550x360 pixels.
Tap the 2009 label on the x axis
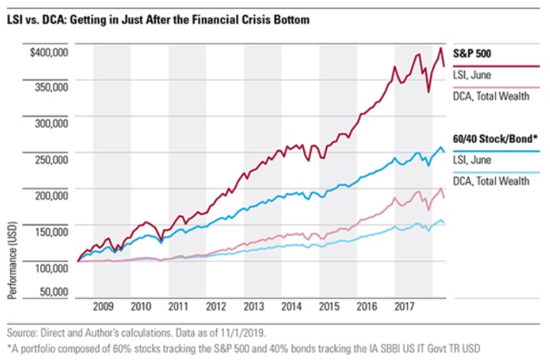103,306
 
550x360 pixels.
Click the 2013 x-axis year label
254,306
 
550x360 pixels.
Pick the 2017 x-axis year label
406,306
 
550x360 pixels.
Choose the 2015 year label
329,306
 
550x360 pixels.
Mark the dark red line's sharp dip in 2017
429,92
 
